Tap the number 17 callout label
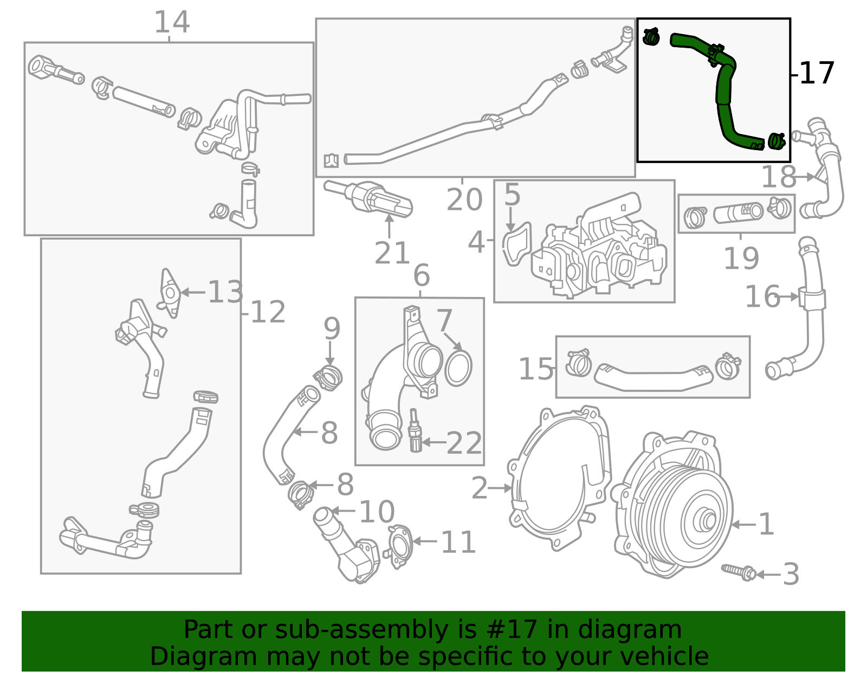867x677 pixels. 817,74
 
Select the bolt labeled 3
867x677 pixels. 740,571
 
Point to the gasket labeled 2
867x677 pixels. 558,480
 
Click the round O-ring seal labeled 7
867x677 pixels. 458,368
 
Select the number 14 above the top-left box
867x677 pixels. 172,23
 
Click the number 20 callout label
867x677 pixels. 464,200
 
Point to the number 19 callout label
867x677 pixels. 741,259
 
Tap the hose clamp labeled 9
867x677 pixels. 328,377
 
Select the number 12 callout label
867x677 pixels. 268,313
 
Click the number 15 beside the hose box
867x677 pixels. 536,370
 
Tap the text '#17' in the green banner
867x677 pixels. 512,630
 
